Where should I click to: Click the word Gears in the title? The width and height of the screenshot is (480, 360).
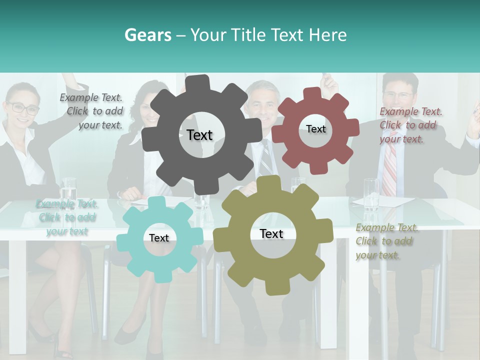coord(148,35)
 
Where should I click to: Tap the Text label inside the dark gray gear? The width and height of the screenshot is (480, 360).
coord(199,135)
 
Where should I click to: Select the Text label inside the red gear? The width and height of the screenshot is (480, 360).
coord(316,129)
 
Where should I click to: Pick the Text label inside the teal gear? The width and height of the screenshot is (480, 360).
coord(159,238)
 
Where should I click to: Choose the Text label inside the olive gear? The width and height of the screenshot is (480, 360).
coord(271,233)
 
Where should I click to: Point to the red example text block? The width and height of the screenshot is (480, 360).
coord(410,125)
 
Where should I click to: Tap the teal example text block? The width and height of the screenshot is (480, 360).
coord(66,217)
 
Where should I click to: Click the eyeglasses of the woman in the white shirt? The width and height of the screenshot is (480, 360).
coord(22,107)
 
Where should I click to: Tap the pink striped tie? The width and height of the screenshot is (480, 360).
coord(389,170)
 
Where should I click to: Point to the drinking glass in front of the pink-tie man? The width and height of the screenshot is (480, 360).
coord(371,193)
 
